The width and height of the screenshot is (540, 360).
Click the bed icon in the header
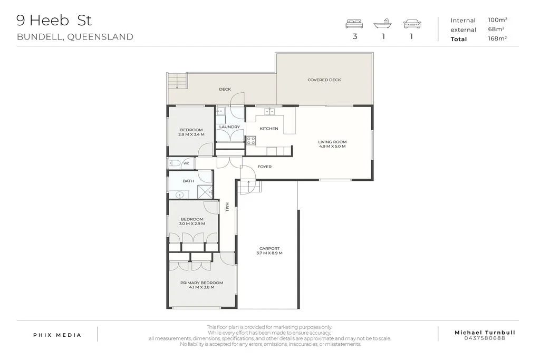(x=354, y=24)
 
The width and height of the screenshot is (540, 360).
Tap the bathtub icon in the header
(x=383, y=23)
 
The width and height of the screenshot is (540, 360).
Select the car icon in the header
(x=412, y=24)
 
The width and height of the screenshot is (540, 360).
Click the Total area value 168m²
(x=497, y=38)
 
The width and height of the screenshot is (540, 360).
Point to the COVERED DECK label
(x=324, y=80)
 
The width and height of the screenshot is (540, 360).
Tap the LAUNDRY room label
(x=229, y=127)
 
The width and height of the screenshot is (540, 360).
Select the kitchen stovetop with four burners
(x=250, y=140)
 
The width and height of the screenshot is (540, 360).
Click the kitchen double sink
(x=269, y=111)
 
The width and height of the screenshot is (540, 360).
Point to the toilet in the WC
(x=173, y=163)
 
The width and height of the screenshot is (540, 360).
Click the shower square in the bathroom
(x=205, y=192)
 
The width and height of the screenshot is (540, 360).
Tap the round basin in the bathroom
(x=179, y=195)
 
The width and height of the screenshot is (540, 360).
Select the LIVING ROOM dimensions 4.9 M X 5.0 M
(x=332, y=147)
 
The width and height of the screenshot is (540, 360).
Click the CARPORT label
(x=269, y=248)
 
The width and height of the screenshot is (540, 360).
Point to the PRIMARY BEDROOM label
(x=202, y=283)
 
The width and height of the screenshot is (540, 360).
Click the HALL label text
(x=227, y=207)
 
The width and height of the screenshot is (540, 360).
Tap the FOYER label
(x=265, y=167)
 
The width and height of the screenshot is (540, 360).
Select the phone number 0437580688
(x=485, y=338)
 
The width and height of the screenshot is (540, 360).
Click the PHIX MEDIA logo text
(x=57, y=335)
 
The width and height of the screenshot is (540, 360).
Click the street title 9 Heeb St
(x=54, y=21)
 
